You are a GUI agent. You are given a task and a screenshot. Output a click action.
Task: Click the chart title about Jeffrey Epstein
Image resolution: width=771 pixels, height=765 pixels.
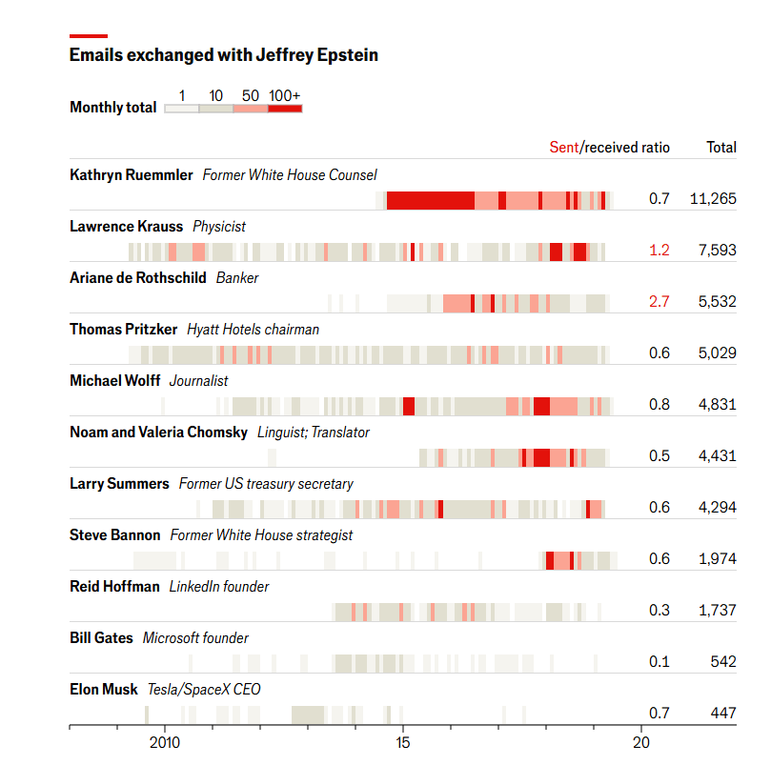223,55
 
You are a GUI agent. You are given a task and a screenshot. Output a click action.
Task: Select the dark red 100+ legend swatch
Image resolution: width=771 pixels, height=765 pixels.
285,110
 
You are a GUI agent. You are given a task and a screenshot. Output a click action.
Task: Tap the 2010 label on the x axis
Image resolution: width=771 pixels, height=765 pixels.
165,742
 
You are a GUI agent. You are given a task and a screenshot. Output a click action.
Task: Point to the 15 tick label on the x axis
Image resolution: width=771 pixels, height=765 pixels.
402,742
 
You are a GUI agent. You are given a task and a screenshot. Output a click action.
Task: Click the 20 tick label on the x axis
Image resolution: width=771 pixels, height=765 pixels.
640,742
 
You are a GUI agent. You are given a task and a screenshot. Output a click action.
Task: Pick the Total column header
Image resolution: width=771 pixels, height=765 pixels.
720,148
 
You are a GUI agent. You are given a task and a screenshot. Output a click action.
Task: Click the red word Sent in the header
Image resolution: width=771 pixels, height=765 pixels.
563,148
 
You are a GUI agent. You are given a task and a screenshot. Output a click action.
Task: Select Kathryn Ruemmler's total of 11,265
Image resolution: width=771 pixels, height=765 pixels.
712,199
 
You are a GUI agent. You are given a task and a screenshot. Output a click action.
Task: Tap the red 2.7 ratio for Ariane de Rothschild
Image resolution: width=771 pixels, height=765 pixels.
659,302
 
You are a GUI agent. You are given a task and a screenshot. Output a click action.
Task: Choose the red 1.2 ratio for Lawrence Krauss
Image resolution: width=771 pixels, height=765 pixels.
659,251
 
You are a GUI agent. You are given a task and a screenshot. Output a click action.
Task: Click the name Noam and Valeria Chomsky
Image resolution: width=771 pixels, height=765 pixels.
158,433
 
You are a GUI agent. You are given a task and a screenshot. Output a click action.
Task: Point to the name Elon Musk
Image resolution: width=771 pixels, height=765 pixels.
104,690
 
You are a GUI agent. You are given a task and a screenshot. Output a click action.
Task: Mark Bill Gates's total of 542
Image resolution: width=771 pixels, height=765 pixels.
721,662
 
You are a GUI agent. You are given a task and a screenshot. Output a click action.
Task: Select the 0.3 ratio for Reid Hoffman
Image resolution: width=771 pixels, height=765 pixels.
659,611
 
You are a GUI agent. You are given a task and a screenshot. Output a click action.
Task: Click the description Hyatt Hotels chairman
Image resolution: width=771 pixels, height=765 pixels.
253,330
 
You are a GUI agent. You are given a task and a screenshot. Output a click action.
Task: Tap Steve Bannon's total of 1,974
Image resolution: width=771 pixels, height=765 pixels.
717,559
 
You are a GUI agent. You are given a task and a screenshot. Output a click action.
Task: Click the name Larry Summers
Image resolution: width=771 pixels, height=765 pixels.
119,484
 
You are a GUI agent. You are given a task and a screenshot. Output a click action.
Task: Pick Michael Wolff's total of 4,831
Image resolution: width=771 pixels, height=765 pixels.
717,405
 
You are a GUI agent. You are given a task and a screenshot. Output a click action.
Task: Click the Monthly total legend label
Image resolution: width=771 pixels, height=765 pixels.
112,108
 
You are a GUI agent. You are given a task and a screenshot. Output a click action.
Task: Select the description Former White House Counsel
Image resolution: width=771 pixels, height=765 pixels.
290,175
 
